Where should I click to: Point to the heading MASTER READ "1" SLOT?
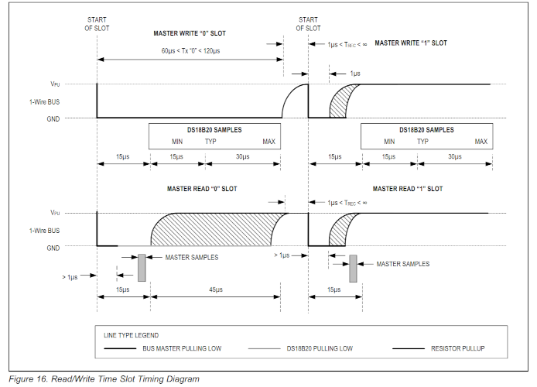click(407, 189)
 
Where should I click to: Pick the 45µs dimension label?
click(216, 289)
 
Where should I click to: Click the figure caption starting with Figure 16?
click(104, 379)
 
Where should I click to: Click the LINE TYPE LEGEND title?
click(131, 335)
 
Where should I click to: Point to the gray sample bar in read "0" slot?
click(142, 266)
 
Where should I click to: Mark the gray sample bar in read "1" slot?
click(353, 268)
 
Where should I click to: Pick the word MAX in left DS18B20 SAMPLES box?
click(268, 142)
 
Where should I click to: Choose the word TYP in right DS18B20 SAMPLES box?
click(423, 142)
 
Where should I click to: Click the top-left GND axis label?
click(54, 118)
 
